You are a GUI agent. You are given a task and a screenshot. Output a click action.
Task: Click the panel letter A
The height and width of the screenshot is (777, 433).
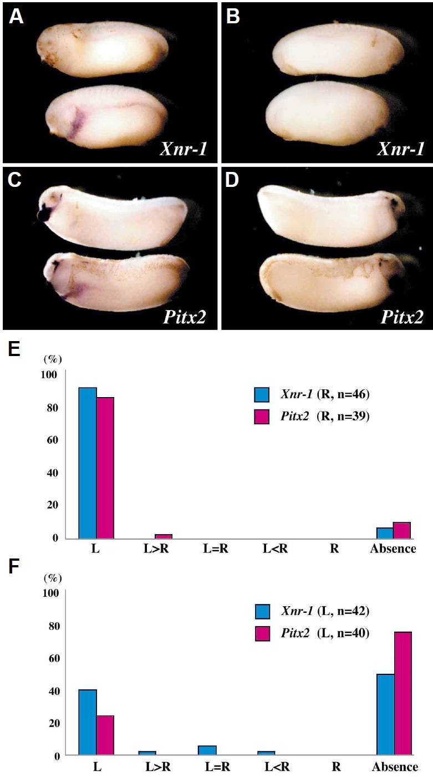[x=16, y=17]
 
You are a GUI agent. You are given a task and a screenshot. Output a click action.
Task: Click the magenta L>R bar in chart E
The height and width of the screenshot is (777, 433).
[x=163, y=536]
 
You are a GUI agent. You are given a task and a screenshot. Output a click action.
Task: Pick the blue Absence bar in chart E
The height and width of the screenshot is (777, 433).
[x=385, y=532]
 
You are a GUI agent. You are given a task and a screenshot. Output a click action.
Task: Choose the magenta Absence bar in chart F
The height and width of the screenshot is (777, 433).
[x=403, y=693]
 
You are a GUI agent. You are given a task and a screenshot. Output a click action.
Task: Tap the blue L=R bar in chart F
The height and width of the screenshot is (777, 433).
[x=206, y=750]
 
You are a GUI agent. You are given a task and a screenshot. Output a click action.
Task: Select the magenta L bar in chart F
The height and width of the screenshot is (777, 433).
[x=105, y=735]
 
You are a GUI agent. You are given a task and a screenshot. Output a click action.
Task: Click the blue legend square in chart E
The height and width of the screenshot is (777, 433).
[x=262, y=395]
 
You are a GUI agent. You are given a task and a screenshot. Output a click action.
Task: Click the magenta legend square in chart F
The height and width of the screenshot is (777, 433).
[x=262, y=631]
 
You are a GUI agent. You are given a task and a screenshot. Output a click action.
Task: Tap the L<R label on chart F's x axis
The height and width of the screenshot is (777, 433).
[x=266, y=768]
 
